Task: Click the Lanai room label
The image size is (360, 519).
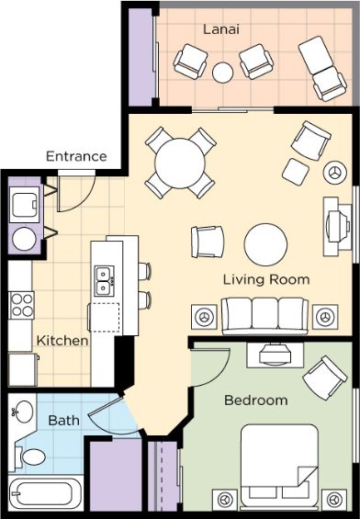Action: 221,29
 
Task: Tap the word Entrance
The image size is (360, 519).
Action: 76,156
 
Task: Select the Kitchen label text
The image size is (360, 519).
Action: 62,341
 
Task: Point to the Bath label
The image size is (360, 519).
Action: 64,421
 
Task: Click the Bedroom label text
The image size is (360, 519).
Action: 256,401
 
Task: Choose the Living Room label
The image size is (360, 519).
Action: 266,279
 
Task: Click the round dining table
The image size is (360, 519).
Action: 180,164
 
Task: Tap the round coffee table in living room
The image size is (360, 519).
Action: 265,244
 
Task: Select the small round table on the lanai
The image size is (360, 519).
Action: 222,73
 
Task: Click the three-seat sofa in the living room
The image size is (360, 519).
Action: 264,316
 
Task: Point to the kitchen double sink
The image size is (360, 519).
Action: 105,281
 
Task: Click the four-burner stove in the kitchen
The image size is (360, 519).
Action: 21,305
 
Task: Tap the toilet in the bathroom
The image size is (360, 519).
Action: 29,457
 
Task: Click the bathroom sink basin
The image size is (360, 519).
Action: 24,412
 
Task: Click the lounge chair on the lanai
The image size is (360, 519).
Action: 322,68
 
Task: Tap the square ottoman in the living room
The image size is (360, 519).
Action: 296,172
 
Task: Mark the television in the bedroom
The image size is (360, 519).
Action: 275,355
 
